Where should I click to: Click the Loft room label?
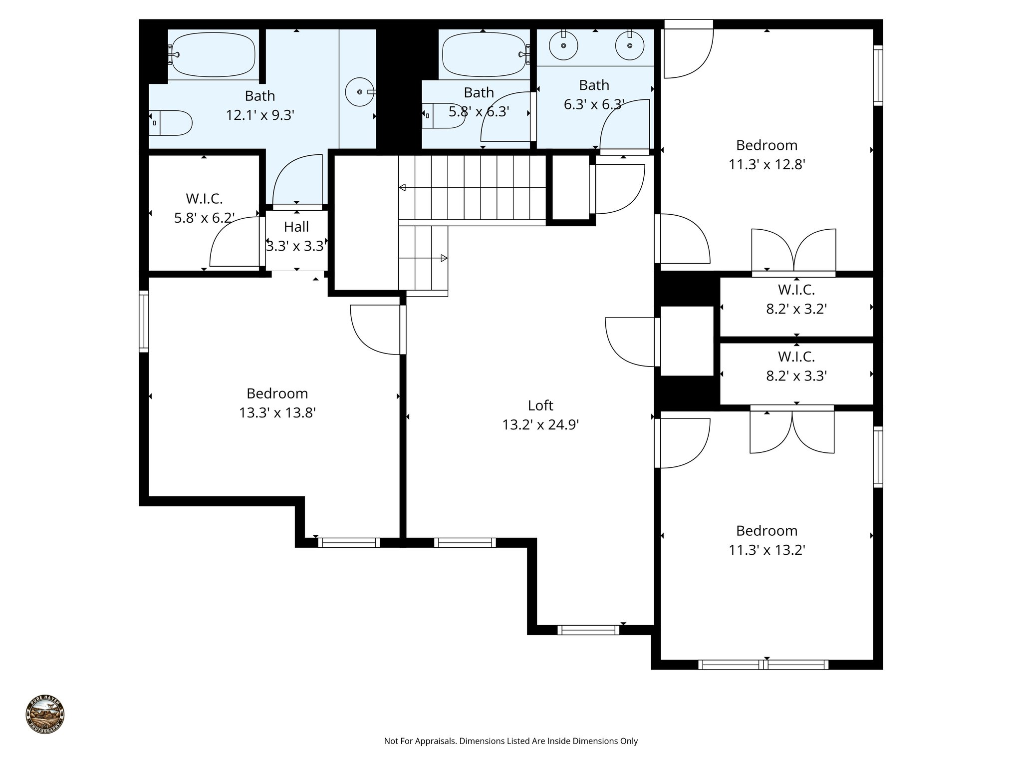point(540,405)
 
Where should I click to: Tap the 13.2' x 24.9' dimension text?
point(540,425)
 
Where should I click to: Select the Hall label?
point(296,227)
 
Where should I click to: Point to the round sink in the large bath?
point(359,92)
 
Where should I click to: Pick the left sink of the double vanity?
point(563,45)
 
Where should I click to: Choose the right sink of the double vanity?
point(629,45)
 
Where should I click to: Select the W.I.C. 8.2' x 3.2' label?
point(796,299)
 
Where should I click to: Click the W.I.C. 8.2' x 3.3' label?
point(796,366)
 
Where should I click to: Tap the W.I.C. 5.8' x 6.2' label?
point(204,208)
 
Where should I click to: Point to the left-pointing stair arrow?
point(403,187)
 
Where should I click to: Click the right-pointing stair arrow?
point(444,258)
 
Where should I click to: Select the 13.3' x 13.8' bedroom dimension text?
point(277,413)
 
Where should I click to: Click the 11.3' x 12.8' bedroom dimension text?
point(766,165)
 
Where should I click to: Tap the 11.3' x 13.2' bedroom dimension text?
point(766,550)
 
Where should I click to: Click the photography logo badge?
point(45,715)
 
